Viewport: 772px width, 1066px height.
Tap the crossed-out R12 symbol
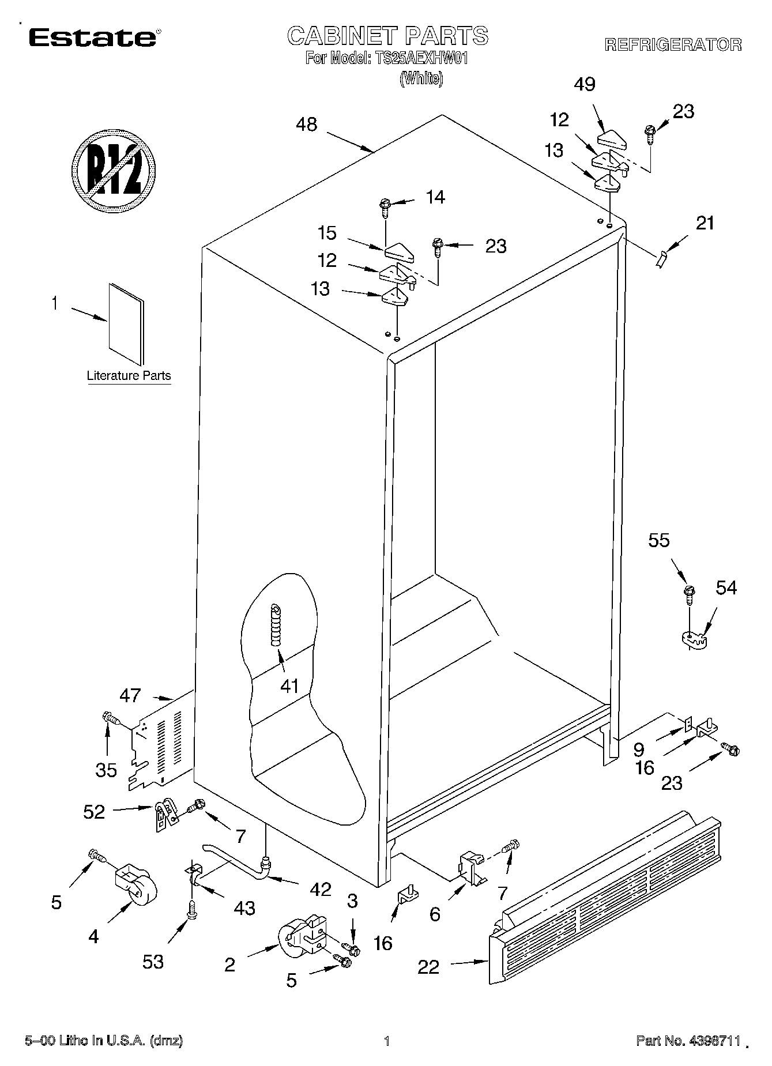click(115, 171)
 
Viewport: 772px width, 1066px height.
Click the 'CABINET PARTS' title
click(387, 36)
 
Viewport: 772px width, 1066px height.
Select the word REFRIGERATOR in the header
click(673, 45)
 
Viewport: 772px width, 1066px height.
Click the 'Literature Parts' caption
click(129, 376)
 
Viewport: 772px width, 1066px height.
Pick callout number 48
click(306, 125)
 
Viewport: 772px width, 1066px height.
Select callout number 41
click(289, 685)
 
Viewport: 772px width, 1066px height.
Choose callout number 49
click(585, 84)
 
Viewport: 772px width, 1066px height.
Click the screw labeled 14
click(385, 206)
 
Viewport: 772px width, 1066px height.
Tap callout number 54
click(726, 587)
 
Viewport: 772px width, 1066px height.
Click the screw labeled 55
click(689, 594)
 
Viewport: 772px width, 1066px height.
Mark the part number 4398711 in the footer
click(712, 1041)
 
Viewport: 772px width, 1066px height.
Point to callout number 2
click(229, 965)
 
